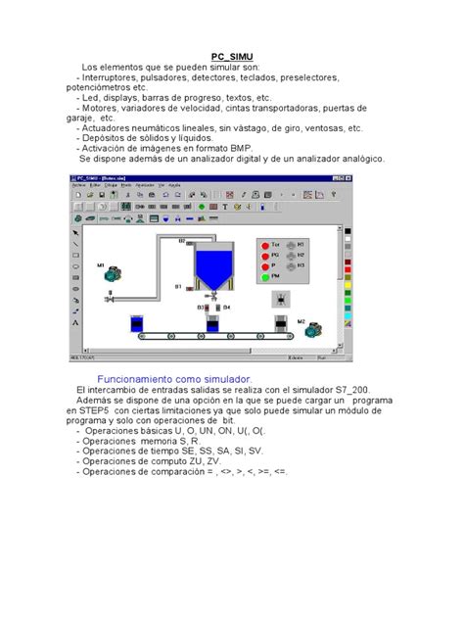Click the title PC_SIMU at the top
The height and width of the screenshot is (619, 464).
[x=232, y=56]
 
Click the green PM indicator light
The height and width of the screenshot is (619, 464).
[x=265, y=277]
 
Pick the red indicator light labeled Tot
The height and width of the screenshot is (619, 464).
[x=265, y=243]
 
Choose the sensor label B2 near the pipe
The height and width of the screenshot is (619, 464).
[x=181, y=240]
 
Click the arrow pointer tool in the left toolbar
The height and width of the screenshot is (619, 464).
[x=75, y=233]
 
